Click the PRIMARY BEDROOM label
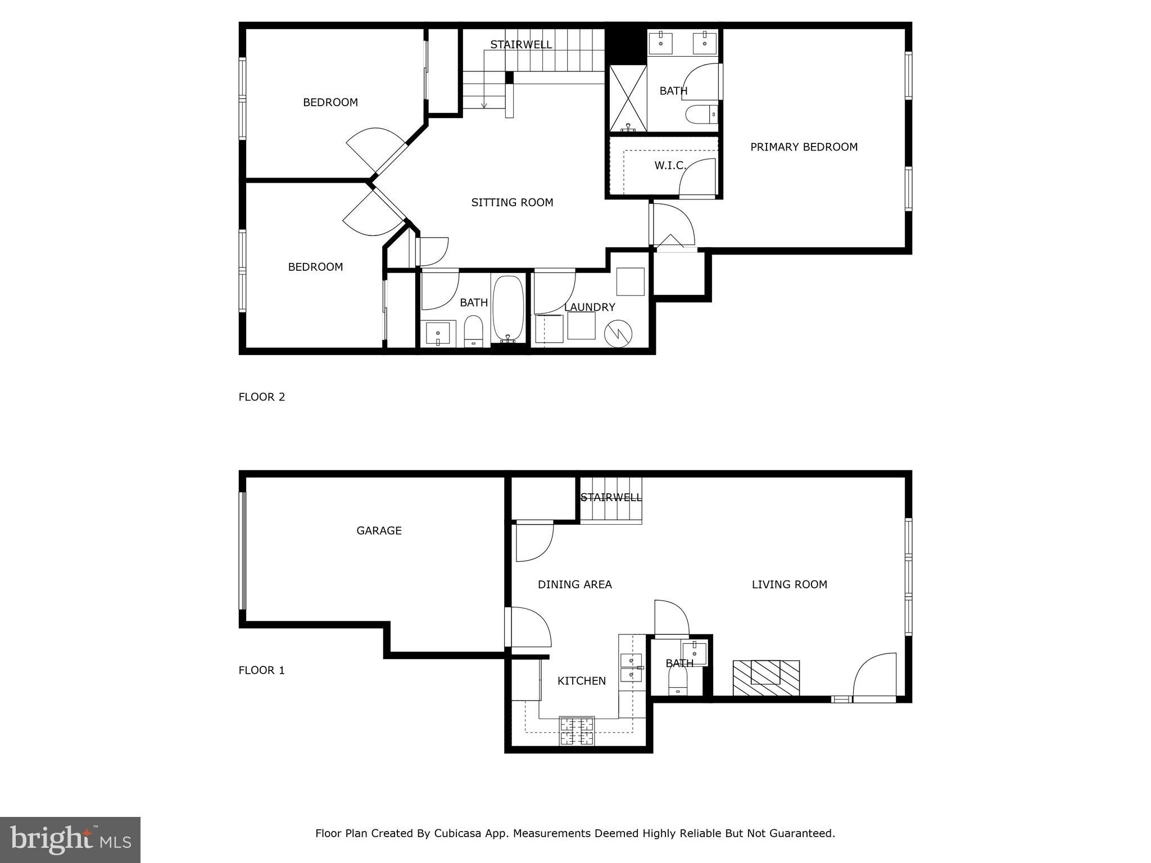click(x=804, y=147)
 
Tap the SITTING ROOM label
click(x=512, y=203)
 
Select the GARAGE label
click(x=379, y=531)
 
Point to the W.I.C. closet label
click(x=670, y=166)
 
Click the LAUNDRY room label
click(x=590, y=307)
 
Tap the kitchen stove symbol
click(x=577, y=731)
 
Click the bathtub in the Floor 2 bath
click(x=509, y=309)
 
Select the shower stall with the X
click(x=628, y=99)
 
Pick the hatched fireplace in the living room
click(x=766, y=678)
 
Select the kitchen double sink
click(x=631, y=667)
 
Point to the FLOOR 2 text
click(x=262, y=397)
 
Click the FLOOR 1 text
click(x=262, y=670)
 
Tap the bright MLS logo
click(x=70, y=839)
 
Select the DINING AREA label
click(x=574, y=585)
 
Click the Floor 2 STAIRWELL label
click(x=521, y=45)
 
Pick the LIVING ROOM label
click(x=789, y=585)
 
